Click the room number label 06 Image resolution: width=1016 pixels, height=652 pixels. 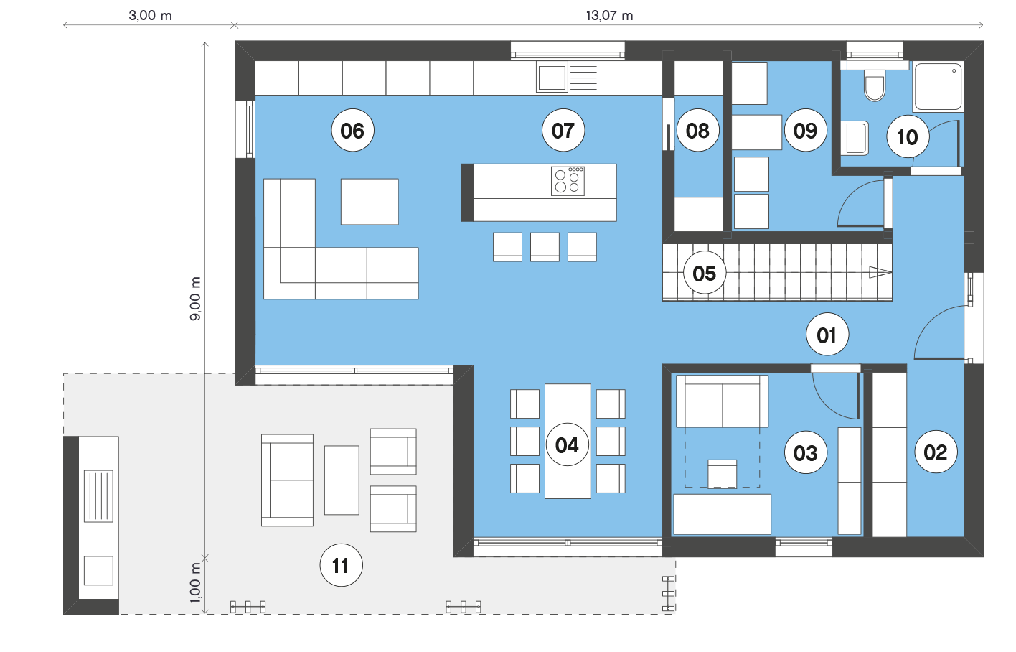[x=352, y=130]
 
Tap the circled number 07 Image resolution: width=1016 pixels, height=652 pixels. [x=563, y=130]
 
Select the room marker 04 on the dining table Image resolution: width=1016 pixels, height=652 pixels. [x=567, y=444]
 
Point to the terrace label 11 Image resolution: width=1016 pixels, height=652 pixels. [x=341, y=565]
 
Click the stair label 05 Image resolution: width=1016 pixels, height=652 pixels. [x=705, y=273]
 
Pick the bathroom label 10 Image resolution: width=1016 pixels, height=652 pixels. [x=908, y=136]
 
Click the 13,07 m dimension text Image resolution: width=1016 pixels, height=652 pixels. [x=609, y=16]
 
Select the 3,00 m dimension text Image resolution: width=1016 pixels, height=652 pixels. [x=150, y=16]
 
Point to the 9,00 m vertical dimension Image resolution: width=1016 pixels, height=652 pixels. [x=194, y=298]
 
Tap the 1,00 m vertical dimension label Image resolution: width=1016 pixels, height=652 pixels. [x=194, y=582]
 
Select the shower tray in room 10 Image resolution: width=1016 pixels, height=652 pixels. [x=938, y=87]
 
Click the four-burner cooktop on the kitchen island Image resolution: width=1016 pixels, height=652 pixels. [x=568, y=181]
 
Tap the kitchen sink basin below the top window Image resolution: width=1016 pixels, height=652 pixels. [x=552, y=77]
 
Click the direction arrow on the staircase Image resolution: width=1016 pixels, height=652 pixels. [x=880, y=272]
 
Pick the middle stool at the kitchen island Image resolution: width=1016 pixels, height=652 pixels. [x=545, y=246]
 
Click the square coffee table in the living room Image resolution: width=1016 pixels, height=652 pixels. [x=370, y=202]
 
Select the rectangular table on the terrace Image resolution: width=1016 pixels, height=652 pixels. [x=342, y=480]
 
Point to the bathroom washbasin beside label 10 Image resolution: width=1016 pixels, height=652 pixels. [x=855, y=138]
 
